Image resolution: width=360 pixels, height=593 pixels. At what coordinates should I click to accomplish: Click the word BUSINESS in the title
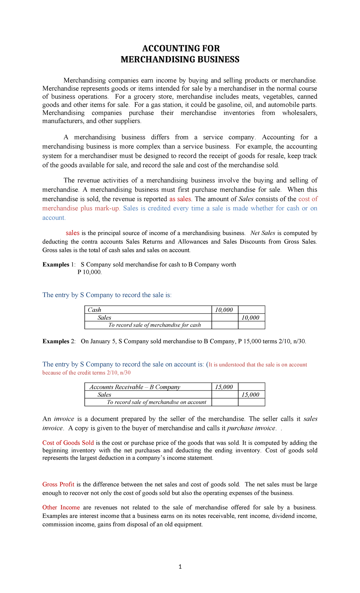tap(214, 59)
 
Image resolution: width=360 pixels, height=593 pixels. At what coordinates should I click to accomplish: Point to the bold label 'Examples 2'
tap(59, 342)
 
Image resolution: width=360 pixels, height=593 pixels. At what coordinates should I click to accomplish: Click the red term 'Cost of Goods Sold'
tap(68, 443)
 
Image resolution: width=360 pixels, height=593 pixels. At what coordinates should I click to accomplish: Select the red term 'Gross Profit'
tap(58, 484)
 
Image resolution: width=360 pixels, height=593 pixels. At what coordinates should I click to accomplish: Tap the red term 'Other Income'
tap(61, 507)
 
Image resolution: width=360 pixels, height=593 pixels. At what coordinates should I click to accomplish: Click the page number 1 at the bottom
tap(180, 567)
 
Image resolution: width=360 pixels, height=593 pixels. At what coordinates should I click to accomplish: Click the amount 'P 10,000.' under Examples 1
tap(89, 272)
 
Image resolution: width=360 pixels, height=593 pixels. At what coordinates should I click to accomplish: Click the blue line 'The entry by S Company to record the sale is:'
tap(107, 295)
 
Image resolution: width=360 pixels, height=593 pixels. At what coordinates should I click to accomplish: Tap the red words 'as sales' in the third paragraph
tap(180, 199)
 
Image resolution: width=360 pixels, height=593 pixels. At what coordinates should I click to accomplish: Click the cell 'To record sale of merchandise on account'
tap(157, 402)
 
